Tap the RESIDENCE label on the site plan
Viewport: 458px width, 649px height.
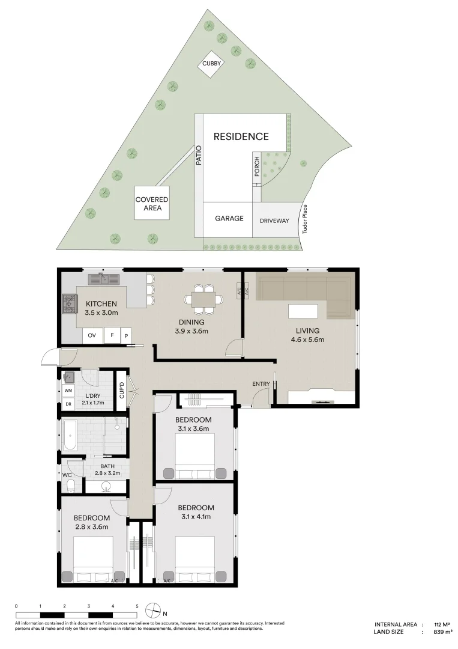click(x=241, y=136)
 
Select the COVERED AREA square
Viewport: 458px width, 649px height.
click(x=152, y=204)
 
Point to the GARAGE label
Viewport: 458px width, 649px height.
click(x=229, y=218)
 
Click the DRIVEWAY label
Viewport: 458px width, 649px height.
click(x=274, y=221)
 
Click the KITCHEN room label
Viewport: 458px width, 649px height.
click(x=101, y=304)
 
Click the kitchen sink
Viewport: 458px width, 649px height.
click(x=105, y=278)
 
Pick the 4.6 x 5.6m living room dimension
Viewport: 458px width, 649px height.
click(x=307, y=340)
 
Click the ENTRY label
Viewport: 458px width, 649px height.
click(x=261, y=384)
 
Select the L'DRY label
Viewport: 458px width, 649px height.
click(x=92, y=396)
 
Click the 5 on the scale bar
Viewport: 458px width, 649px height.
click(x=137, y=606)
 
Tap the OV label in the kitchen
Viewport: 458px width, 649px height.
click(x=92, y=335)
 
